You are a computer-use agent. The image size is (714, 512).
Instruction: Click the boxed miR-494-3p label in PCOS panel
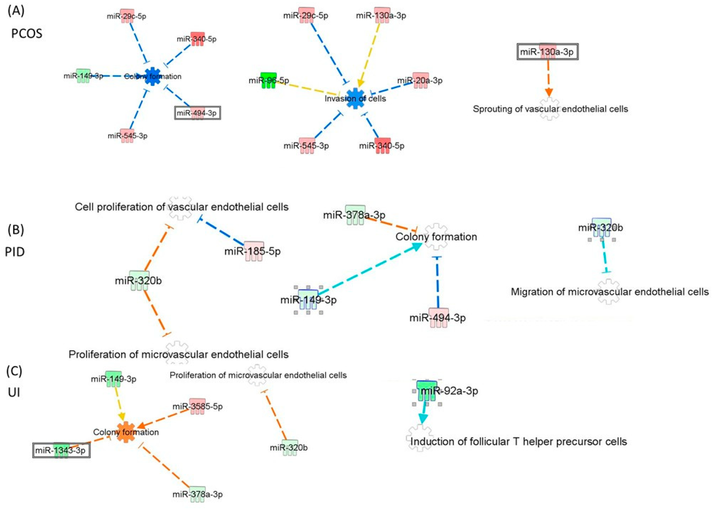197,113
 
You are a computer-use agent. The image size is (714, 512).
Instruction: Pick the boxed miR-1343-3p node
61,450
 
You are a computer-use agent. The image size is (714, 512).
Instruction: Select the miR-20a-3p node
421,81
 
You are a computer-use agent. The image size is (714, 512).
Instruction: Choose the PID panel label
15,252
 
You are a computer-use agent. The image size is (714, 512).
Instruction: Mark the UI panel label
14,393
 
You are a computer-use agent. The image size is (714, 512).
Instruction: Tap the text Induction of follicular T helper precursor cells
518,442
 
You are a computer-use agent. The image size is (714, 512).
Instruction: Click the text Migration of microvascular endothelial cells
609,292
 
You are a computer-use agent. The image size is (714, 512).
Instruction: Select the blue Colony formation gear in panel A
153,76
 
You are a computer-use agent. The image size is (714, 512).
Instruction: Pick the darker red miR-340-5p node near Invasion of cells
382,145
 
